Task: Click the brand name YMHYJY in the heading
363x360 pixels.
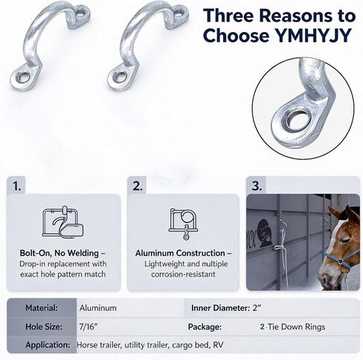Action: click(313, 36)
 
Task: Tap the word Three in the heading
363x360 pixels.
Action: click(229, 16)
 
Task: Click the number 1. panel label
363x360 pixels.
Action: click(17, 186)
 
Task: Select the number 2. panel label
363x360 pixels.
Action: click(138, 186)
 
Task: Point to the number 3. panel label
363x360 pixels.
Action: click(257, 186)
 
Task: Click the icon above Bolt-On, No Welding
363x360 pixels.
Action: click(63, 222)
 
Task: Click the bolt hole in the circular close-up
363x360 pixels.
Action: click(299, 120)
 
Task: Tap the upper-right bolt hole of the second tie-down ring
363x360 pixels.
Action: click(179, 13)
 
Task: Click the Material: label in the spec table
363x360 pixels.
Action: click(42, 308)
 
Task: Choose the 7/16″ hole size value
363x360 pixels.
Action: click(87, 327)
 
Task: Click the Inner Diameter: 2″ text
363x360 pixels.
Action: click(226, 308)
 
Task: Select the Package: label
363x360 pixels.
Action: click(205, 327)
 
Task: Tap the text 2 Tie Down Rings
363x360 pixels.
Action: click(292, 327)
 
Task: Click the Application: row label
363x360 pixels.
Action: click(48, 344)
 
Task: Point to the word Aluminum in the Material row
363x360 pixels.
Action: click(98, 308)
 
